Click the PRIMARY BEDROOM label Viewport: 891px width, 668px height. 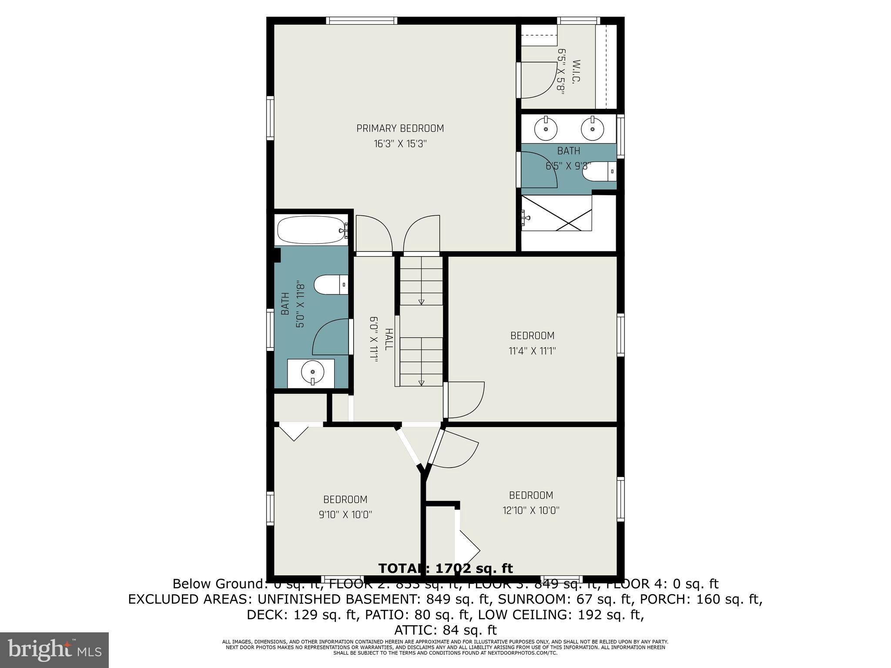click(400, 128)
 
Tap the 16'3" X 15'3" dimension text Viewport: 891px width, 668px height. click(400, 144)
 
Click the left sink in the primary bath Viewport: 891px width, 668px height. click(545, 129)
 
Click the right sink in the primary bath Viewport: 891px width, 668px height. click(592, 129)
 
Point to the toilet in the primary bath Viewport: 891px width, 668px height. click(600, 171)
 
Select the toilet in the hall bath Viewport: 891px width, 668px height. click(331, 285)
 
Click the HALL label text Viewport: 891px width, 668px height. click(389, 339)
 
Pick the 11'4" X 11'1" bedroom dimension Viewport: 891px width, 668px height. click(532, 351)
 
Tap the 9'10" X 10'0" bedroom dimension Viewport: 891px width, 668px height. click(345, 515)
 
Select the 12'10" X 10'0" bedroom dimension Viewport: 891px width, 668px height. click(531, 511)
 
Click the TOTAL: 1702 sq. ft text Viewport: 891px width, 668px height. click(445, 568)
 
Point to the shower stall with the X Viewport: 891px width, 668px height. click(557, 213)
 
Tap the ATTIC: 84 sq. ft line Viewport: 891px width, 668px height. click(445, 630)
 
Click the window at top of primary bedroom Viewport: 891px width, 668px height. click(362, 20)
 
